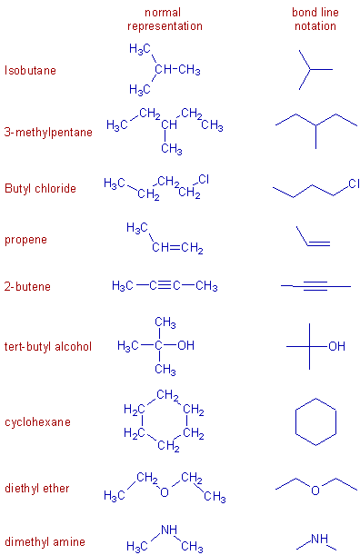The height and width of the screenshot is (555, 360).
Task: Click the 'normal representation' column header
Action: point(165,19)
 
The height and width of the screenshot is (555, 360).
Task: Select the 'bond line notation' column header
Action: point(315,19)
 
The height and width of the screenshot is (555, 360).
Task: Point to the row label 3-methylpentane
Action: point(48,132)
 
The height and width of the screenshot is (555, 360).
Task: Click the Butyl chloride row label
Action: point(40,189)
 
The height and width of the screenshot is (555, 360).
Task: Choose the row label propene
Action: point(25,240)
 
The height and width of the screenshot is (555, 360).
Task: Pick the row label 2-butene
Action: point(27,286)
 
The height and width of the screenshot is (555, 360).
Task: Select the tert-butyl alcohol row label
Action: point(47,346)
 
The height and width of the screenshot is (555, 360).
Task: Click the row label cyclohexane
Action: point(37,422)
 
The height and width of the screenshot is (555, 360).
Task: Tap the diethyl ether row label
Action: point(37,489)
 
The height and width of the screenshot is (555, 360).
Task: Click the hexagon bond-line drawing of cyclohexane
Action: point(315,422)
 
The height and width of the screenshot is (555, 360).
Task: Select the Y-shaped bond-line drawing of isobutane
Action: point(314,70)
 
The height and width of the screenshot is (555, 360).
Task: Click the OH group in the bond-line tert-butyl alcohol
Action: point(337,346)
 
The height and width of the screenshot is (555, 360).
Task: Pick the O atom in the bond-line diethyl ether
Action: point(315,491)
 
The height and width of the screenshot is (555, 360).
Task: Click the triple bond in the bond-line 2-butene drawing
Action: point(315,287)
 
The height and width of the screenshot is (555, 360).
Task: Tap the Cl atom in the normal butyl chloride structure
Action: point(203,179)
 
